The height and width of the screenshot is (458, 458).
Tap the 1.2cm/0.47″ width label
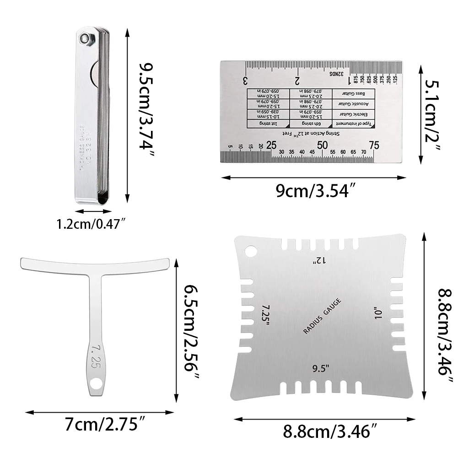coord(91,225)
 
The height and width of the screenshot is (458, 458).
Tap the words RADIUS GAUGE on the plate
coord(322,316)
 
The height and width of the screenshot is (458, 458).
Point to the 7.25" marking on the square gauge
coord(264,314)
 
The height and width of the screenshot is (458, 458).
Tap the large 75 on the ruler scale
coord(374,145)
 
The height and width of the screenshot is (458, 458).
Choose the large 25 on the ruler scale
coord(271,145)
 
